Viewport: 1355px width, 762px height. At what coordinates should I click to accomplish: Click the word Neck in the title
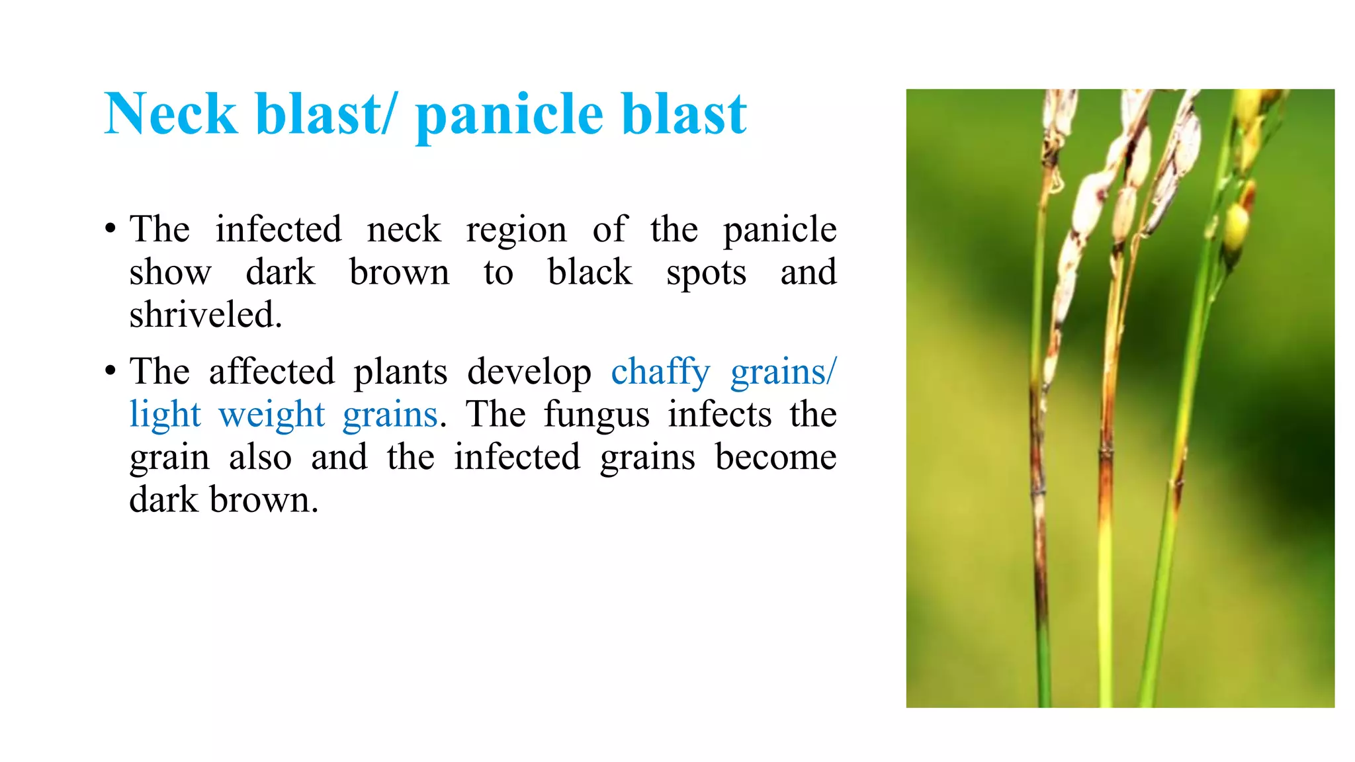(171, 114)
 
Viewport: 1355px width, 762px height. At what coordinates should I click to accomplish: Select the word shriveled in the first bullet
(205, 315)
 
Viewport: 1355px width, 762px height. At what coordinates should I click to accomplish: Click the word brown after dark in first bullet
(399, 273)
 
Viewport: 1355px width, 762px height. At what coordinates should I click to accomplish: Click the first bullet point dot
(110, 230)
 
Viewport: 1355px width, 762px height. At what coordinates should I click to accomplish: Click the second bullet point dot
(110, 371)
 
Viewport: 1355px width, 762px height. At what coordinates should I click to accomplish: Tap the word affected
(271, 372)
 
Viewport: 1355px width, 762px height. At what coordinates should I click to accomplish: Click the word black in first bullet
(590, 273)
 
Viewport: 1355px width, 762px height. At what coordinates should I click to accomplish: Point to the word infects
(719, 415)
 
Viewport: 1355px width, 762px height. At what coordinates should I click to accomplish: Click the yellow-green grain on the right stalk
(1236, 225)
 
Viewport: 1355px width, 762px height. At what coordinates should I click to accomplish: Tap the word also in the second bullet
(260, 458)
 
